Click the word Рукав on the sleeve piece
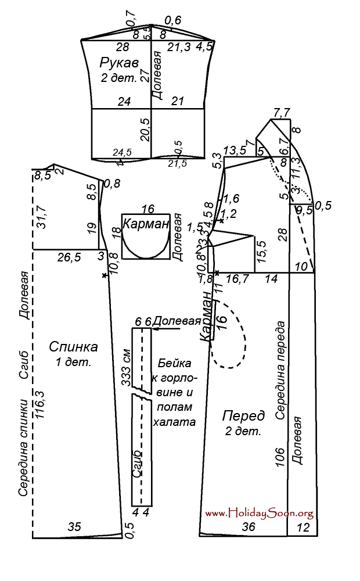[119, 62]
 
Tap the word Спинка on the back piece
[73, 347]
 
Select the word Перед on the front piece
[244, 416]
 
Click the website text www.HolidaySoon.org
[260, 513]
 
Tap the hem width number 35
[75, 527]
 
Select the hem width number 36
[249, 526]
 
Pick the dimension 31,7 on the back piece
[41, 212]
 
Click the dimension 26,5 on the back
[69, 256]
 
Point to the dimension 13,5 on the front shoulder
[235, 150]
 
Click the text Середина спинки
[24, 447]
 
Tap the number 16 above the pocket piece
[147, 209]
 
